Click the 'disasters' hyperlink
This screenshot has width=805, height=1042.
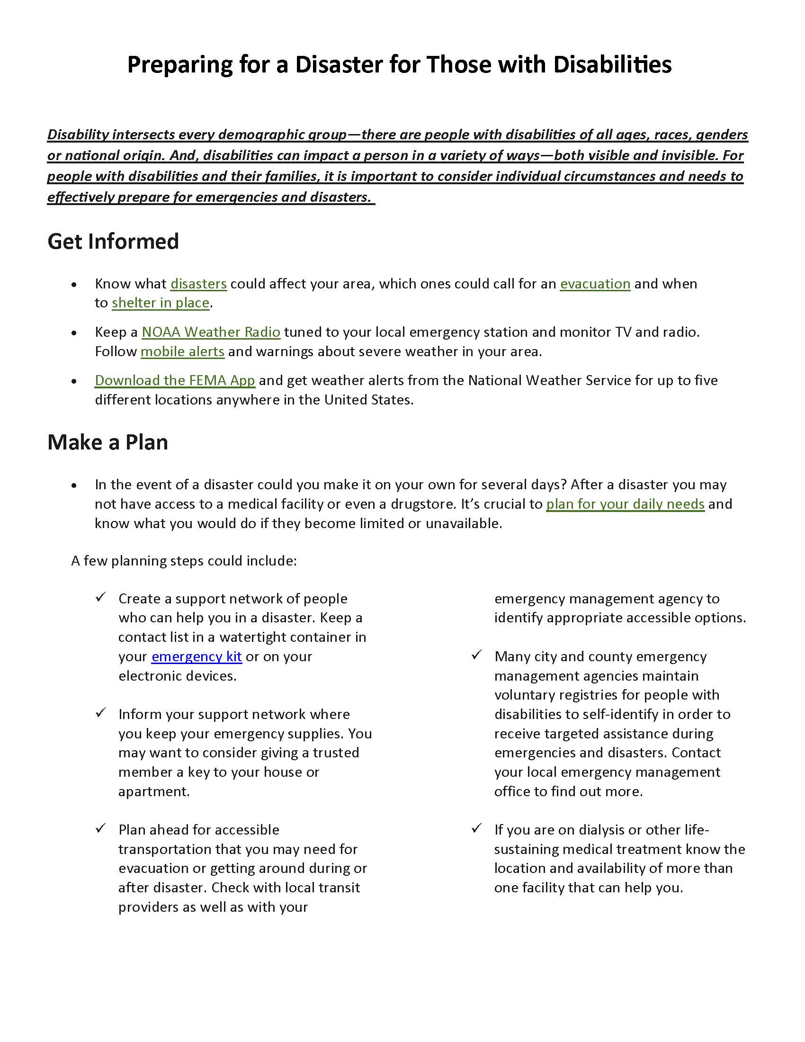click(x=198, y=284)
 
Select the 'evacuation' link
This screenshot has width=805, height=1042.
click(x=595, y=284)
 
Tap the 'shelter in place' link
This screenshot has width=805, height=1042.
click(x=161, y=303)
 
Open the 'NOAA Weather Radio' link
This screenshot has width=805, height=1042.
click(x=211, y=332)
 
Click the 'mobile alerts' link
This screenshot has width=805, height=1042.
click(x=182, y=351)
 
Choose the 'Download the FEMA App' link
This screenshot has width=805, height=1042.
click(x=175, y=380)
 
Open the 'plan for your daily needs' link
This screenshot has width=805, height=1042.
click(x=625, y=504)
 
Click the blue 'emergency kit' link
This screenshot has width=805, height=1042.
click(x=197, y=656)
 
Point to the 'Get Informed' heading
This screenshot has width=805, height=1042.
click(x=113, y=242)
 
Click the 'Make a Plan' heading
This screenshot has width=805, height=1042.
click(x=108, y=442)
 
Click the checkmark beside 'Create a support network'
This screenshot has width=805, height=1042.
click(x=100, y=597)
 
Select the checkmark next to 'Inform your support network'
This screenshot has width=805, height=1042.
click(x=100, y=713)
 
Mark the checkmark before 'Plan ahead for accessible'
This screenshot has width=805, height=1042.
click(x=100, y=828)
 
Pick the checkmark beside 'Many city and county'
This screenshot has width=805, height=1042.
click(x=476, y=655)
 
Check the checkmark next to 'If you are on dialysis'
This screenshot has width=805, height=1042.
click(x=476, y=828)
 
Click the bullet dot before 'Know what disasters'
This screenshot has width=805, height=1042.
click(x=74, y=285)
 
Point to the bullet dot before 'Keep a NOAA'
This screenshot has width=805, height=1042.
click(x=74, y=333)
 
